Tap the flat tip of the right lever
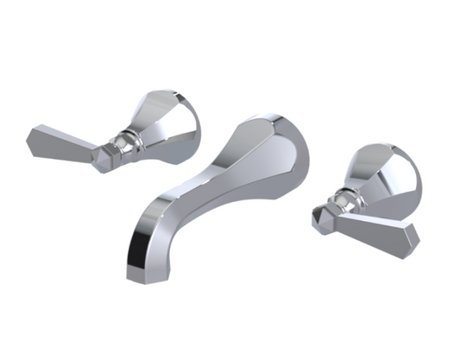click(x=413, y=242)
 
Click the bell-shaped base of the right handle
click(x=384, y=177)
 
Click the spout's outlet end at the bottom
click(x=142, y=268)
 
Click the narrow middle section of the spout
click(x=216, y=173)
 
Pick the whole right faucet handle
click(x=367, y=199)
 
